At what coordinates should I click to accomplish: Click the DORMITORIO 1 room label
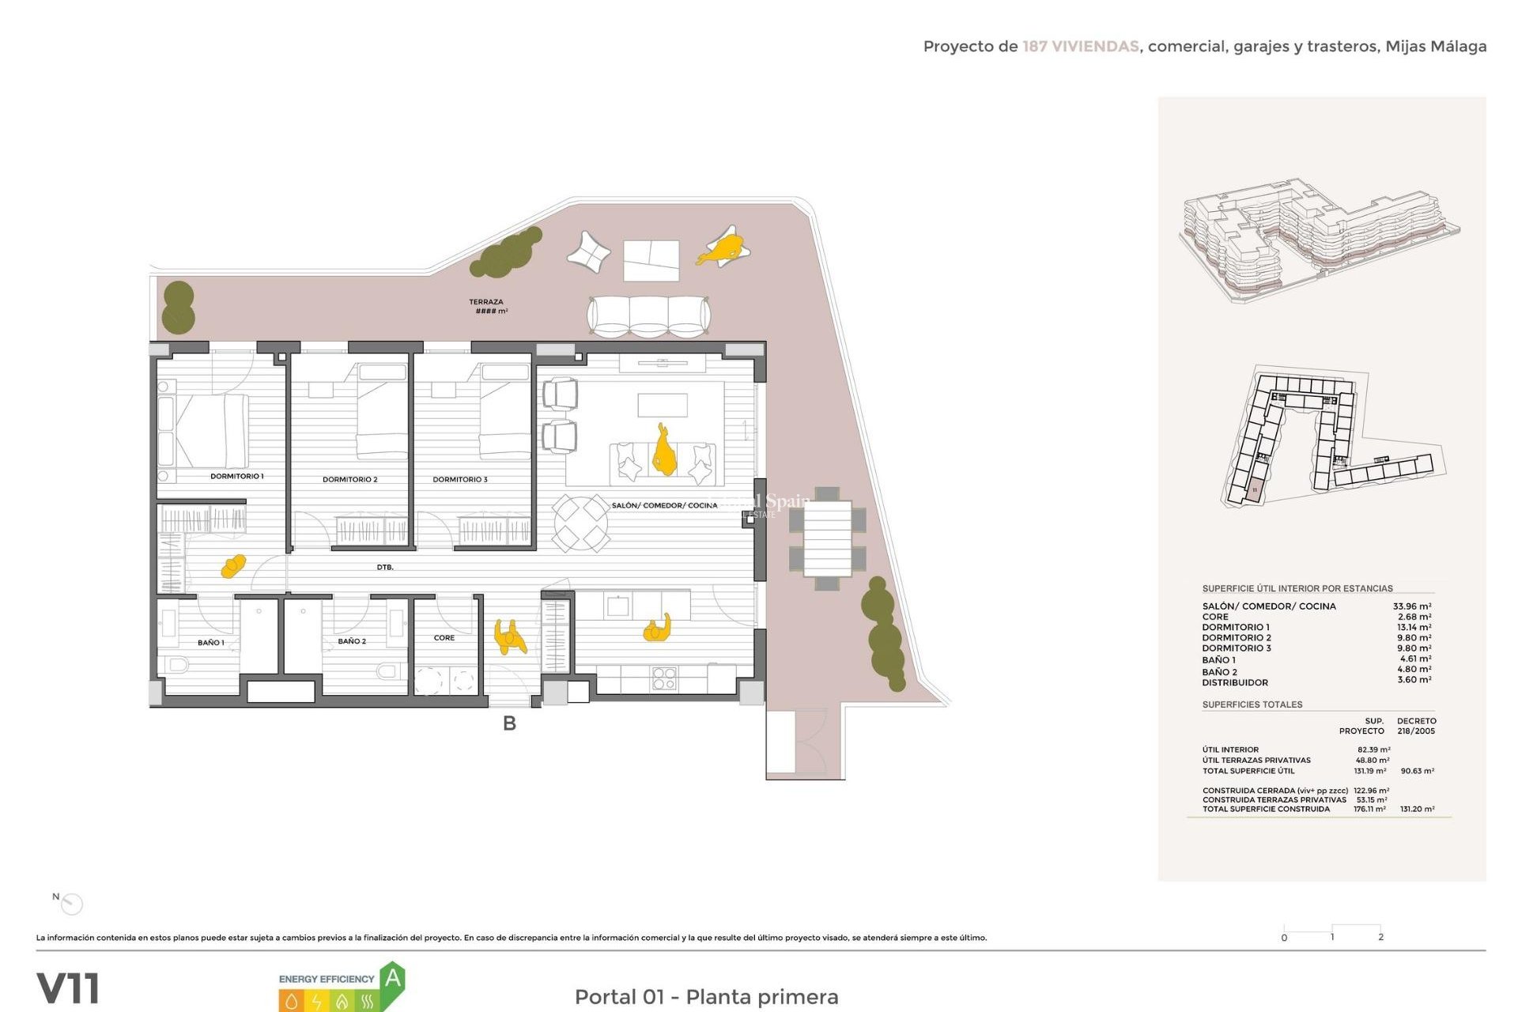click(x=236, y=476)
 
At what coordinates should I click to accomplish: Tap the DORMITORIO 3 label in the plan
click(x=459, y=479)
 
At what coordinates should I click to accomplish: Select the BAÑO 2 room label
click(x=352, y=641)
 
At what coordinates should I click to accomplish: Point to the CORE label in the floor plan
click(x=444, y=637)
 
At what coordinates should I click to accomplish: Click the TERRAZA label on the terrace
click(x=485, y=302)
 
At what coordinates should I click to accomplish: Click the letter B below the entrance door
click(x=509, y=723)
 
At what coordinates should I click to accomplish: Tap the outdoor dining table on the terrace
click(x=827, y=538)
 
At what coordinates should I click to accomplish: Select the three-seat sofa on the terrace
click(x=648, y=316)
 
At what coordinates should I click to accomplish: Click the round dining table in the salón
click(x=580, y=523)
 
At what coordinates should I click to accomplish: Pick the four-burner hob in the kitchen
click(x=663, y=678)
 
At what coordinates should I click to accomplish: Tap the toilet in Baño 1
click(x=177, y=665)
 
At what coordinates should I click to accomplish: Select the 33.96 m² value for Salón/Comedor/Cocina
click(x=1411, y=606)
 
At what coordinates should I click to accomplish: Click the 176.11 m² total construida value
click(x=1369, y=809)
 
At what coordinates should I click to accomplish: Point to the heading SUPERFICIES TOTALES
click(x=1252, y=704)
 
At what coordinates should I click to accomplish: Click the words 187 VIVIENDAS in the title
click(x=1080, y=47)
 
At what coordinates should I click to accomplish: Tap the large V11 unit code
click(x=68, y=988)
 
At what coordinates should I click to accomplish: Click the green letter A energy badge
click(x=393, y=980)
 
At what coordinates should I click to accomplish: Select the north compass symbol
click(x=72, y=904)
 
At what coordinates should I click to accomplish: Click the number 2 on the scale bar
click(x=1380, y=937)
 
